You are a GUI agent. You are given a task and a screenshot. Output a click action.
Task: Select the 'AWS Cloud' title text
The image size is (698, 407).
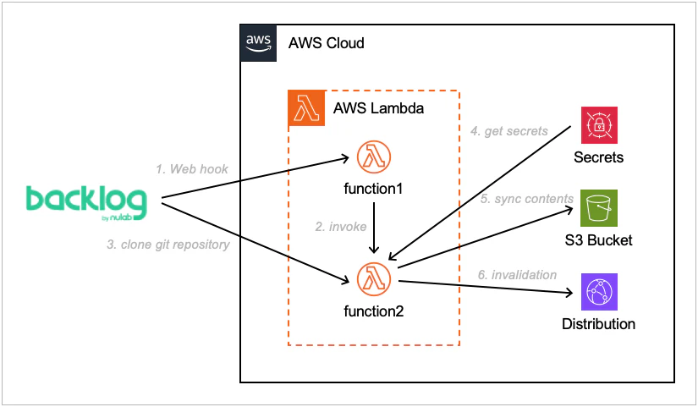(x=327, y=42)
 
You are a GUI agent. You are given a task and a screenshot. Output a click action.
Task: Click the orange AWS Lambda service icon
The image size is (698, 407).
(x=306, y=108)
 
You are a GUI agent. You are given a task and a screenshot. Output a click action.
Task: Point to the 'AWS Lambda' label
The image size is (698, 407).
(x=379, y=109)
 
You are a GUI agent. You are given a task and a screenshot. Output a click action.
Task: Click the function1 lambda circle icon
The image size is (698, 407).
(x=373, y=157)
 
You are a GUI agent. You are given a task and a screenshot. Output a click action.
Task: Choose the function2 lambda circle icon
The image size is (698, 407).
(x=373, y=279)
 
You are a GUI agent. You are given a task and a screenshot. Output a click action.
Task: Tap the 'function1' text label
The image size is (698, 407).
(x=373, y=187)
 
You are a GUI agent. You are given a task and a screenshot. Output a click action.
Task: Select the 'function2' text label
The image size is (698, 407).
(x=373, y=311)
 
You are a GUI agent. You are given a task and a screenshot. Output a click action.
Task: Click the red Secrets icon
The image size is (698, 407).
(x=598, y=125)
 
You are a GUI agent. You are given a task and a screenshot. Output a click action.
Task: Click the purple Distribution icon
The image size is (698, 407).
(x=598, y=292)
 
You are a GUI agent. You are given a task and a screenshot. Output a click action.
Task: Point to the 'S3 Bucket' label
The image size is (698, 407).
(x=598, y=240)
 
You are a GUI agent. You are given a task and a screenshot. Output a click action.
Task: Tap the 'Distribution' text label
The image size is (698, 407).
(x=598, y=324)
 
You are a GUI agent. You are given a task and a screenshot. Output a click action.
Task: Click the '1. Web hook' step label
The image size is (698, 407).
(x=192, y=169)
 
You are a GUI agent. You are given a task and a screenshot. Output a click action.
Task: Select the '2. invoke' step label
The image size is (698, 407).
(x=340, y=228)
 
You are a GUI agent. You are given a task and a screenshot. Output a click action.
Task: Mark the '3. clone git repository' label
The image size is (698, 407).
(x=168, y=245)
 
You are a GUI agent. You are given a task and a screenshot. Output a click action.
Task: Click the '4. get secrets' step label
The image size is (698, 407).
(x=509, y=131)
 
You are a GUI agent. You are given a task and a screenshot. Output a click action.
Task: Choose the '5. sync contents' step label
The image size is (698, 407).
(x=527, y=199)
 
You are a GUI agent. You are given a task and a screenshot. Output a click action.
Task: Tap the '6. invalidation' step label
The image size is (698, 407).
(x=518, y=274)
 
